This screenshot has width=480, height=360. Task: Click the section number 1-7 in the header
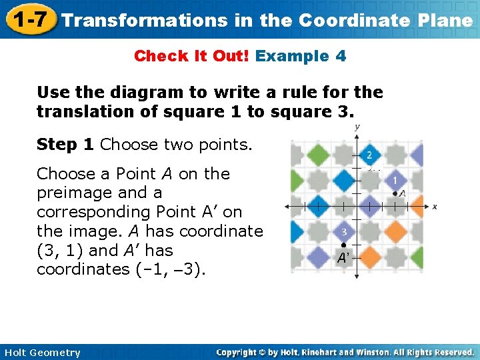click(28, 19)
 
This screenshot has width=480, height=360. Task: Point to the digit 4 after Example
click(341, 56)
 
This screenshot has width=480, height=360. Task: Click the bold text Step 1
click(66, 145)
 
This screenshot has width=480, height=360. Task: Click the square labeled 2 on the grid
click(369, 155)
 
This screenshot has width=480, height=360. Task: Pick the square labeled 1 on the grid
click(395, 180)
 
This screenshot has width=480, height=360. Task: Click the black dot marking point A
click(395, 193)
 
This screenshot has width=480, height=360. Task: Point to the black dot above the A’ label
click(343, 245)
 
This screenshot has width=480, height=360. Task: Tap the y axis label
click(357, 127)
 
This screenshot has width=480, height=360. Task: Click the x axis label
click(434, 207)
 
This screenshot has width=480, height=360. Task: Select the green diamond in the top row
click(317, 155)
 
